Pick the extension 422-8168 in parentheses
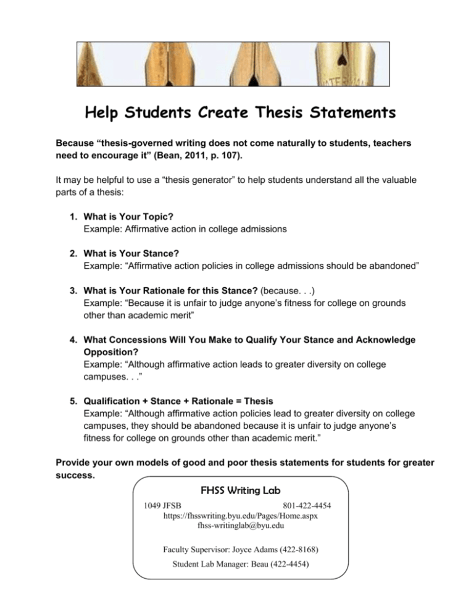(x=289, y=548)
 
